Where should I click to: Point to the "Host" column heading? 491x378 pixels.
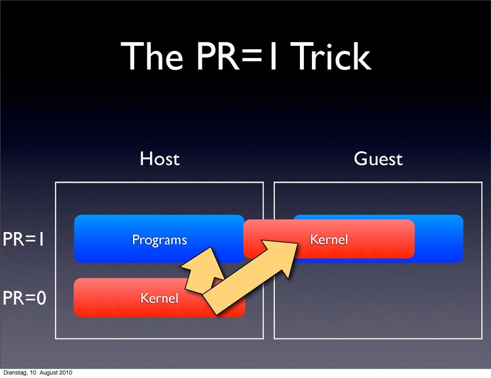click(x=159, y=159)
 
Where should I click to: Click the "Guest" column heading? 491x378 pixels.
click(x=378, y=159)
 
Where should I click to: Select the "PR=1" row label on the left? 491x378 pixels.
click(x=25, y=240)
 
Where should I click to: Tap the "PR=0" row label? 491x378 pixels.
click(x=25, y=297)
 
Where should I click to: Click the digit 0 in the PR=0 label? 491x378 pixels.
click(x=40, y=297)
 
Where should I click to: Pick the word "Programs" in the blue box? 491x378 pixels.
click(x=159, y=239)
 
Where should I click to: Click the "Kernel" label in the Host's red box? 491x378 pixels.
click(x=159, y=297)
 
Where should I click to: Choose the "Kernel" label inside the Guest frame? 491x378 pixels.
click(x=328, y=239)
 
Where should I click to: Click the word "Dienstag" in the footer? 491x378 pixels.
click(x=15, y=373)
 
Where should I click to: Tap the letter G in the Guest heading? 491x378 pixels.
click(x=359, y=159)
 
